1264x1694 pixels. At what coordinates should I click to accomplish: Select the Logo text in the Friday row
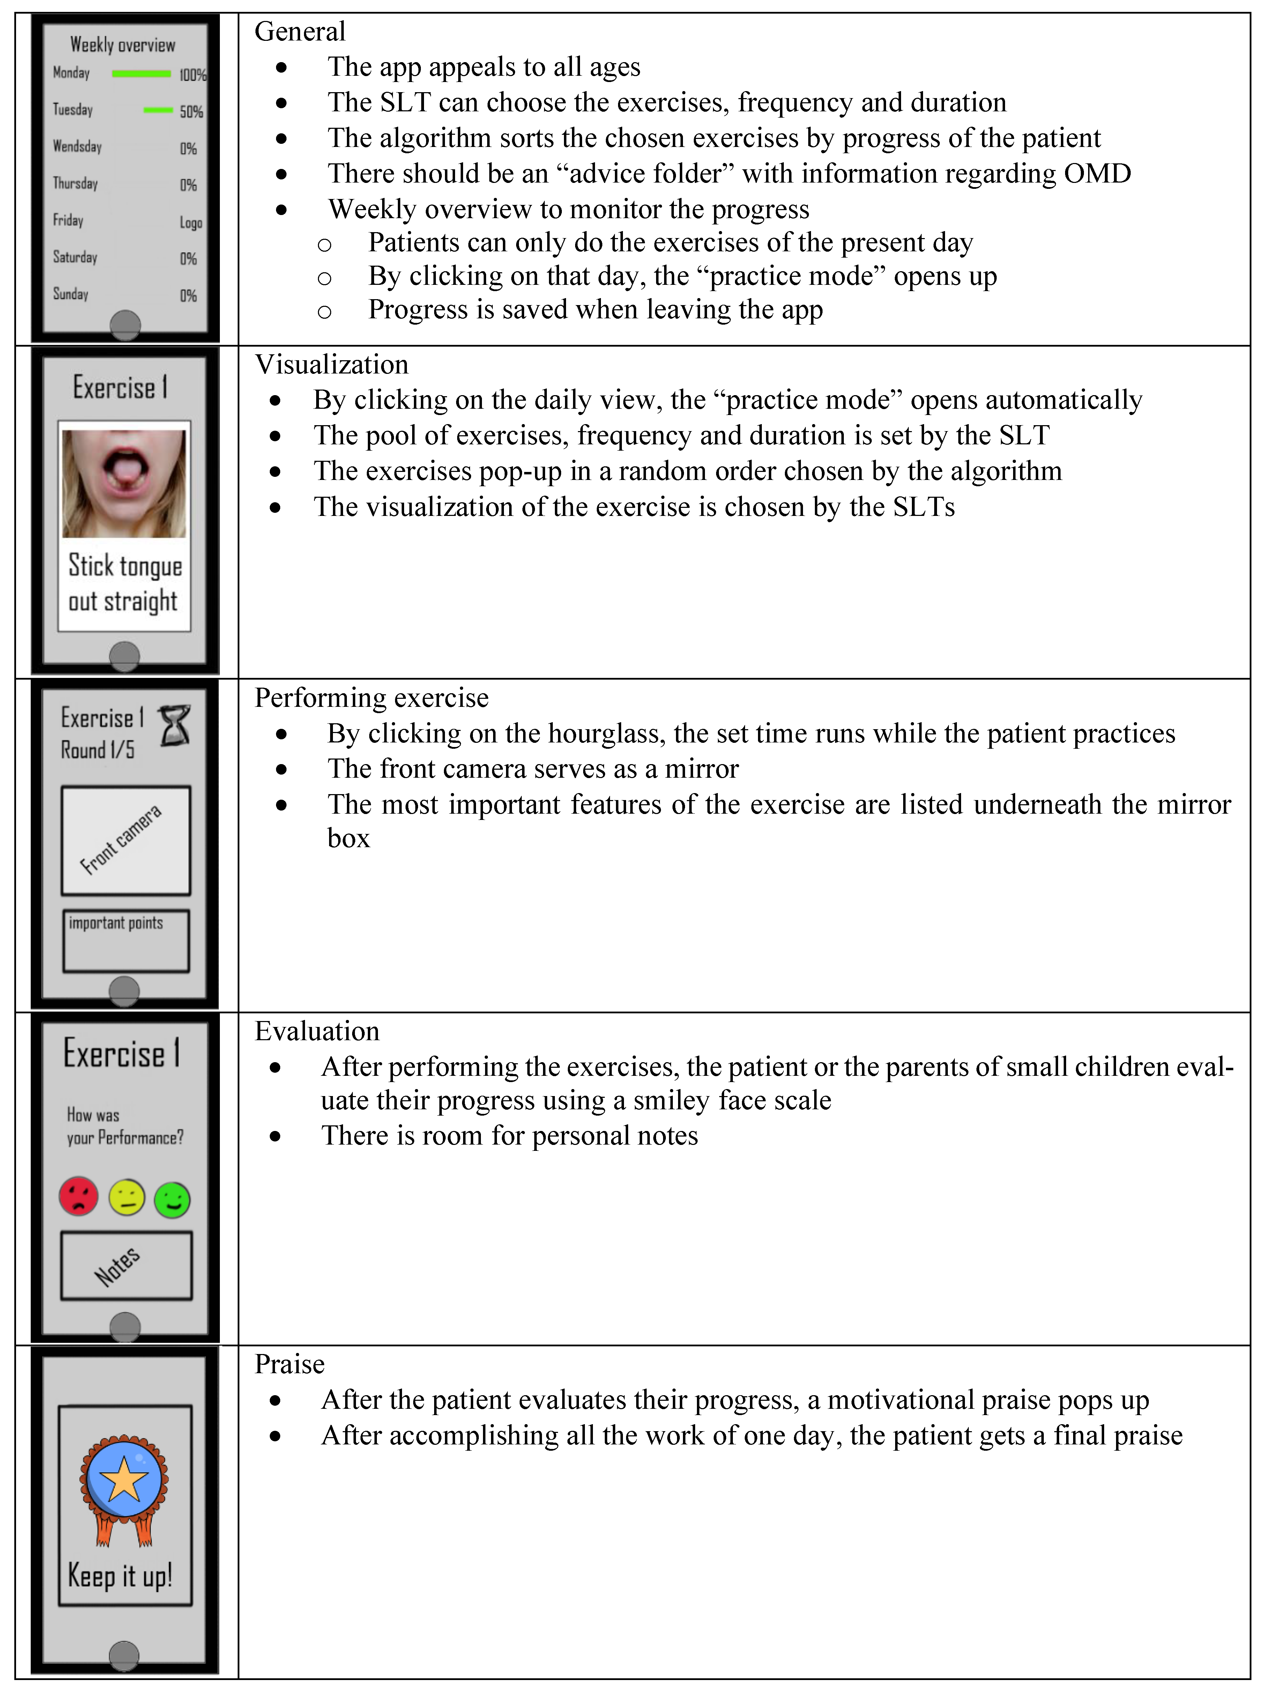coord(191,223)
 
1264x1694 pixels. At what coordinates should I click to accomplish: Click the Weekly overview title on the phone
coord(122,45)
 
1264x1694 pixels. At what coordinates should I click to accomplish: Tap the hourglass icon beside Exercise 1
coord(174,725)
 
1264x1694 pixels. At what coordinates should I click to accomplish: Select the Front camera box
coord(126,840)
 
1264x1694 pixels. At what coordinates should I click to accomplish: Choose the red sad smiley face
coord(79,1197)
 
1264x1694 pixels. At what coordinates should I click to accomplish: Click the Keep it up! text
coord(120,1576)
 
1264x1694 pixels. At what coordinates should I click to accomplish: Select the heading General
coord(300,31)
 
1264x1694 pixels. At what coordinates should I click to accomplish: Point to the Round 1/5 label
coord(98,750)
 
